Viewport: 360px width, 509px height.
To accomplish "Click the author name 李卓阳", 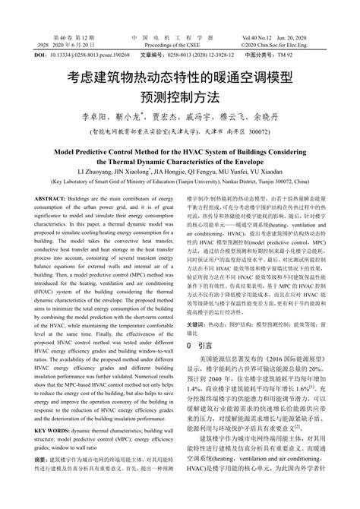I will point(93,118).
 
